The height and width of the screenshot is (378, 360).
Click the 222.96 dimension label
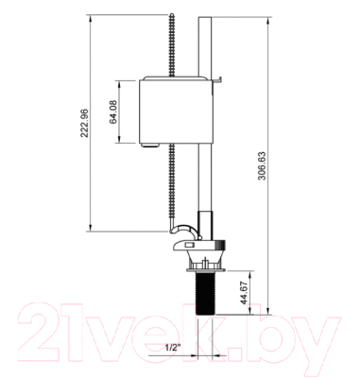click(84, 123)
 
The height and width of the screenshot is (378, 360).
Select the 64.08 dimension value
click(113, 112)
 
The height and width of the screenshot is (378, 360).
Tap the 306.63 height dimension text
click(262, 165)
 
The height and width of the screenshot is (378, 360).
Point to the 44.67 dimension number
click(245, 292)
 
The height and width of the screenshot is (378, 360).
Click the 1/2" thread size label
click(173, 348)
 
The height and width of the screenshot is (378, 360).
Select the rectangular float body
click(176, 112)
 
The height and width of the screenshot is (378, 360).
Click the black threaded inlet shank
click(205, 293)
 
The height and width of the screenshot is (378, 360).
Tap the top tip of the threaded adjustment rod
click(172, 14)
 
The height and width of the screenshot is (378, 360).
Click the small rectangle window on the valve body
click(190, 245)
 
